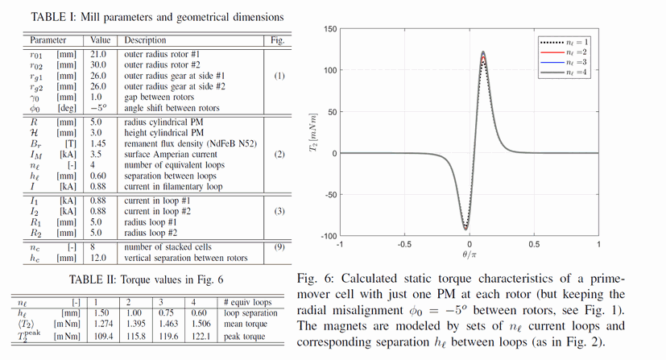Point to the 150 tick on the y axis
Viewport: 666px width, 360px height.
(x=328, y=29)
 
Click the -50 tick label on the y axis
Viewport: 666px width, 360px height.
(x=328, y=194)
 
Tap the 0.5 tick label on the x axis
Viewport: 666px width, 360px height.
(x=533, y=243)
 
